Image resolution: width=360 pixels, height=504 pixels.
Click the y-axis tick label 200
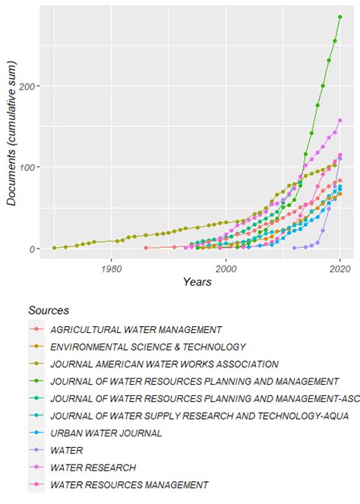click(x=33, y=86)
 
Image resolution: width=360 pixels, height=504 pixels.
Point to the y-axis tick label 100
click(x=33, y=167)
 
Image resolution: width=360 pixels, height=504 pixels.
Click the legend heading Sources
click(x=49, y=310)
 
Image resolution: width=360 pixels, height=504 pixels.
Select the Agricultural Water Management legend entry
click(x=135, y=329)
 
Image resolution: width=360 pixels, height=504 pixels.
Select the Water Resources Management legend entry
click(x=128, y=484)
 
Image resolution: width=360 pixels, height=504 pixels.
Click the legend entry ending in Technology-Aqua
click(x=189, y=415)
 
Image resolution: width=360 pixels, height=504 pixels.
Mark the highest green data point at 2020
click(x=340, y=17)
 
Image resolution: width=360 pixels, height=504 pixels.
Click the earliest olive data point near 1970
click(x=54, y=248)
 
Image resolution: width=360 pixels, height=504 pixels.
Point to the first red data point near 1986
click(x=146, y=248)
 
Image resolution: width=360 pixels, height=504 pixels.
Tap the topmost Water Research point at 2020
click(x=340, y=120)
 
